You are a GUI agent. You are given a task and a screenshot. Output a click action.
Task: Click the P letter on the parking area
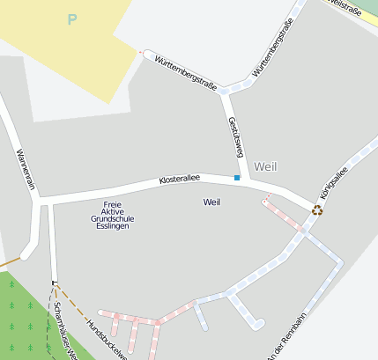[72, 19]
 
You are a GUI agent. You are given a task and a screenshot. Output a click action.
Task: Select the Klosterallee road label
[179, 179]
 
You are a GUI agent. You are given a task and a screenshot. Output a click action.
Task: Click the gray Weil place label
[264, 165]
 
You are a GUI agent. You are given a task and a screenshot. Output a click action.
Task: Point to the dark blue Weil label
[211, 202]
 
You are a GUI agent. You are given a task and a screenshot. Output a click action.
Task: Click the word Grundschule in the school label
[110, 219]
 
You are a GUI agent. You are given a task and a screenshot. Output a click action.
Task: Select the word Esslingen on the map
[110, 226]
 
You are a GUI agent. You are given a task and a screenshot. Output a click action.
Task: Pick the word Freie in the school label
[111, 204]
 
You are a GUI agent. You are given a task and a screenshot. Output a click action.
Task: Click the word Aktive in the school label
[110, 211]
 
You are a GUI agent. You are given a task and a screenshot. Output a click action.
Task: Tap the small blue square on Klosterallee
[237, 178]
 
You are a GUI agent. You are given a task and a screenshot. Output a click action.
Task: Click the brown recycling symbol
[317, 209]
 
